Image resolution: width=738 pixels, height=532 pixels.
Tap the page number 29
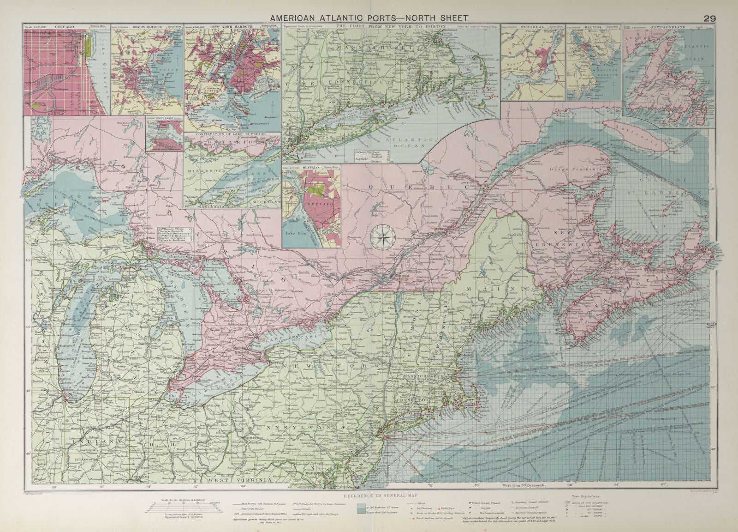(709, 18)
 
